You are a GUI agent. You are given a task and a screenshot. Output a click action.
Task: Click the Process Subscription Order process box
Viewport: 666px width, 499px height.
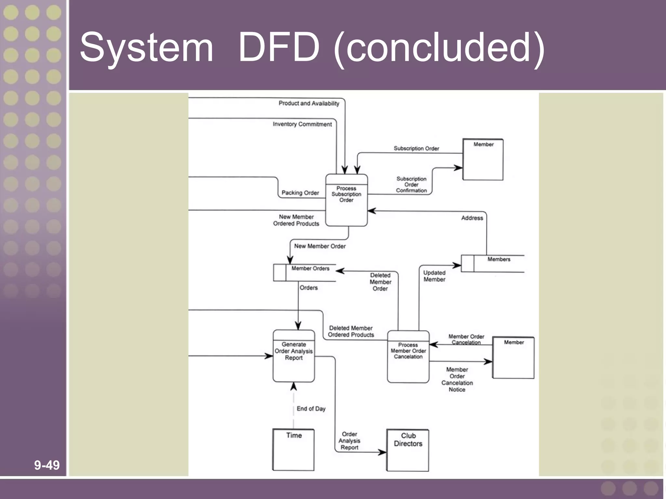click(x=346, y=200)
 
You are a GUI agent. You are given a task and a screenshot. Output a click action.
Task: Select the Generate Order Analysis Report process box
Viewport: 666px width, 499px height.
click(x=294, y=356)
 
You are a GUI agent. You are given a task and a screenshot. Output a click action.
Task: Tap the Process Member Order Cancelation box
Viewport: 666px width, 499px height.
click(x=408, y=357)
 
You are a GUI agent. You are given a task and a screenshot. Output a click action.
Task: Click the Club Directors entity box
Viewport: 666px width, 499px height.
click(x=408, y=450)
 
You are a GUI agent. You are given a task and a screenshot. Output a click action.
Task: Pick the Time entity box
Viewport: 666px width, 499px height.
click(x=293, y=450)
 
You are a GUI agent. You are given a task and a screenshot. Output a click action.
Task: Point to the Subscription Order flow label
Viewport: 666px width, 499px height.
click(x=416, y=148)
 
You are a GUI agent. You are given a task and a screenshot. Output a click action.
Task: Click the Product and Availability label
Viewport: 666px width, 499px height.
click(x=309, y=103)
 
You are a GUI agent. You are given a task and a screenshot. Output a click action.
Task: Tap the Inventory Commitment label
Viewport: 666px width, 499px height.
click(x=302, y=124)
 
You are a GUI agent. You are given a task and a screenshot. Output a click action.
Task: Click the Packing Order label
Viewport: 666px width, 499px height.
click(x=300, y=193)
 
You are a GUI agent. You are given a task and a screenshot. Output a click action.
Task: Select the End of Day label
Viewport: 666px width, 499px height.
click(x=311, y=409)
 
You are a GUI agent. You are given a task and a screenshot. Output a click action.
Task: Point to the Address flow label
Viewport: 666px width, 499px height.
click(x=472, y=218)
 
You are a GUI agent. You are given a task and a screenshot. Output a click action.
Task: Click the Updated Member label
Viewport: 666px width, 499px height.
click(x=434, y=276)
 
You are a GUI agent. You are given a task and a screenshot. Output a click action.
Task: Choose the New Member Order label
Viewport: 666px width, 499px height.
click(x=320, y=246)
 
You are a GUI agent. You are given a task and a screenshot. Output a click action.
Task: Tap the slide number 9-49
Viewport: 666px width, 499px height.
click(x=47, y=465)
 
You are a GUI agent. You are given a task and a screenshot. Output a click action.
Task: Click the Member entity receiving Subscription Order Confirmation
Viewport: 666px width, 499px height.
click(x=483, y=160)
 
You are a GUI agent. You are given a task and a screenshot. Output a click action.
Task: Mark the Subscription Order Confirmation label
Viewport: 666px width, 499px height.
click(x=411, y=185)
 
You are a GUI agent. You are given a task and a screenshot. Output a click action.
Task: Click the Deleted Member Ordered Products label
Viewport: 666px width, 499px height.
click(x=351, y=331)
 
